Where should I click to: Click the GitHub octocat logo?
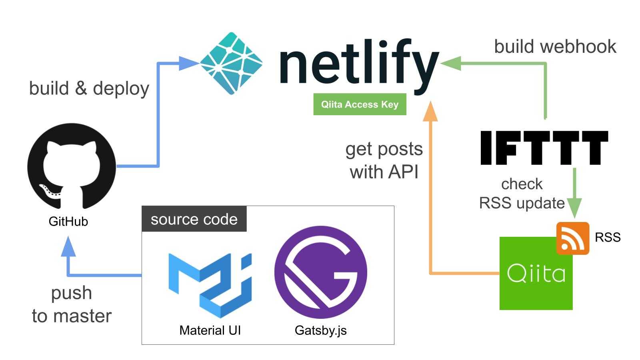tap(71, 166)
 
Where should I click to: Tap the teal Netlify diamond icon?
tap(231, 63)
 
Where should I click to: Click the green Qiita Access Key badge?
tap(360, 104)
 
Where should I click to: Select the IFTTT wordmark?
tap(544, 148)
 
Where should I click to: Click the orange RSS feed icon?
tap(573, 238)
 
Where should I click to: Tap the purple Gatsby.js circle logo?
tap(320, 272)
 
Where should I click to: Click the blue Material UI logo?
tap(210, 285)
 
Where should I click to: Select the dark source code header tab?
tap(194, 219)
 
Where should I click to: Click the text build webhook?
tap(555, 46)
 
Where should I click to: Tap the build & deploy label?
tap(89, 88)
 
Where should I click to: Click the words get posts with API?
tap(384, 160)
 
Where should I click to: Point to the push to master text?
tap(72, 304)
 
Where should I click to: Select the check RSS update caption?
tap(522, 194)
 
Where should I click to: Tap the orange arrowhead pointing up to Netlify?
tap(430, 111)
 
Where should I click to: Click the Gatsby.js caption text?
tap(320, 330)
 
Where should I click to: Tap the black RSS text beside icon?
tap(607, 237)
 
